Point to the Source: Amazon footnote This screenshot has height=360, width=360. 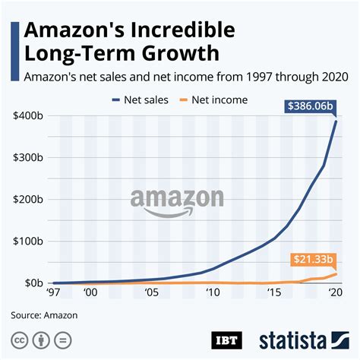pyautogui.click(x=45, y=313)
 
